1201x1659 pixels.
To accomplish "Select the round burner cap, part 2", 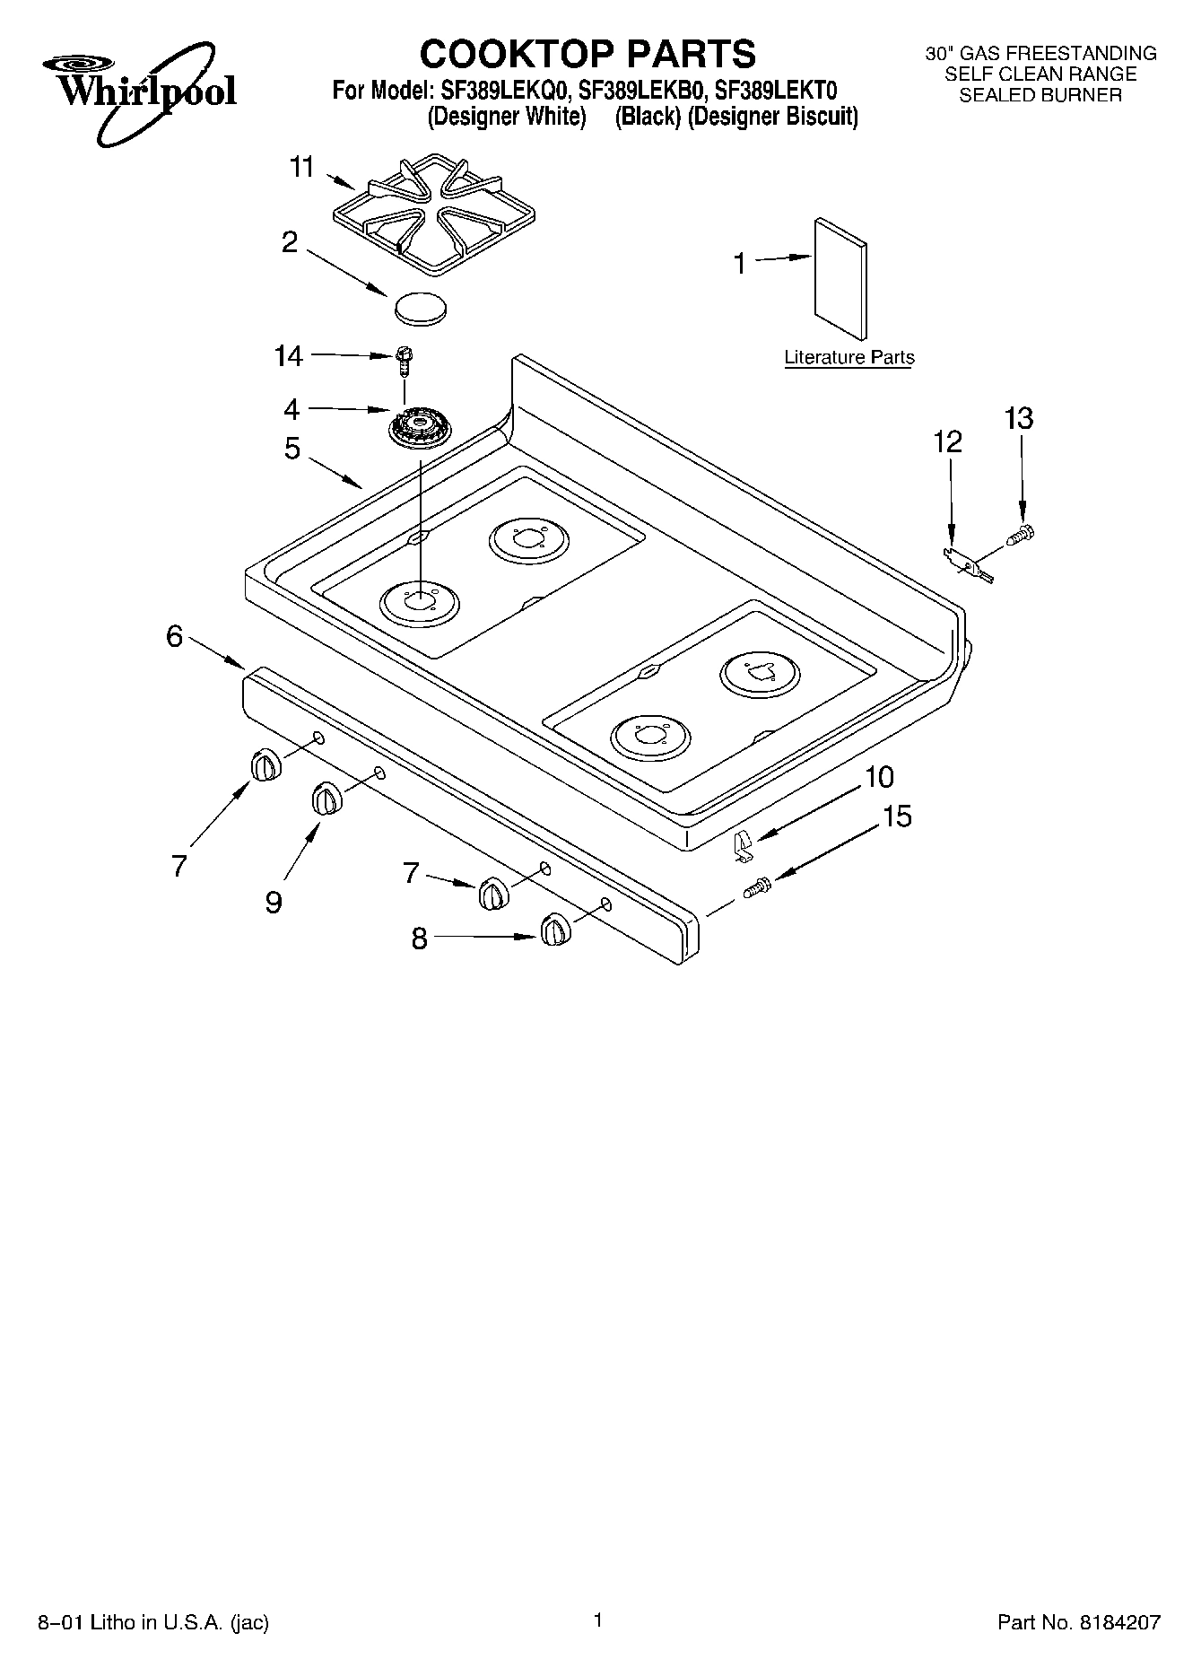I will [x=420, y=307].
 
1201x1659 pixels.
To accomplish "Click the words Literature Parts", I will [x=849, y=357].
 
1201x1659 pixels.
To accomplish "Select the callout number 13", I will [x=1018, y=418].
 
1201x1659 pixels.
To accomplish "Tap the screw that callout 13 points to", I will [x=1021, y=537].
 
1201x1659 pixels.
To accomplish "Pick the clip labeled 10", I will [x=743, y=846].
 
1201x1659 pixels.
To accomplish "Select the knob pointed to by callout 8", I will [x=555, y=930].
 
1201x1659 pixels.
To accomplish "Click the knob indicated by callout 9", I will [x=327, y=799].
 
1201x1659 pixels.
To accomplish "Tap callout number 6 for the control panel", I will [x=174, y=636].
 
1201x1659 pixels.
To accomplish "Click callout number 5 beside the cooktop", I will [x=292, y=448].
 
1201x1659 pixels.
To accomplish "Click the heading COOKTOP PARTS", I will [x=587, y=54].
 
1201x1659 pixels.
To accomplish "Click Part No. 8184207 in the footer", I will [x=1078, y=1621].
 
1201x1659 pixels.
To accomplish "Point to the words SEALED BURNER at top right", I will [x=1040, y=95].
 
